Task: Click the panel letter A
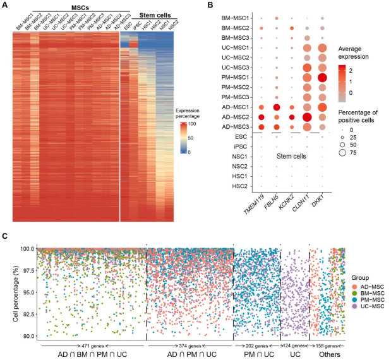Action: tap(5, 6)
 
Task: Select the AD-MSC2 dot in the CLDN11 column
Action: tap(308, 117)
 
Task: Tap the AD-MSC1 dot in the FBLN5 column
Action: tap(276, 107)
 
